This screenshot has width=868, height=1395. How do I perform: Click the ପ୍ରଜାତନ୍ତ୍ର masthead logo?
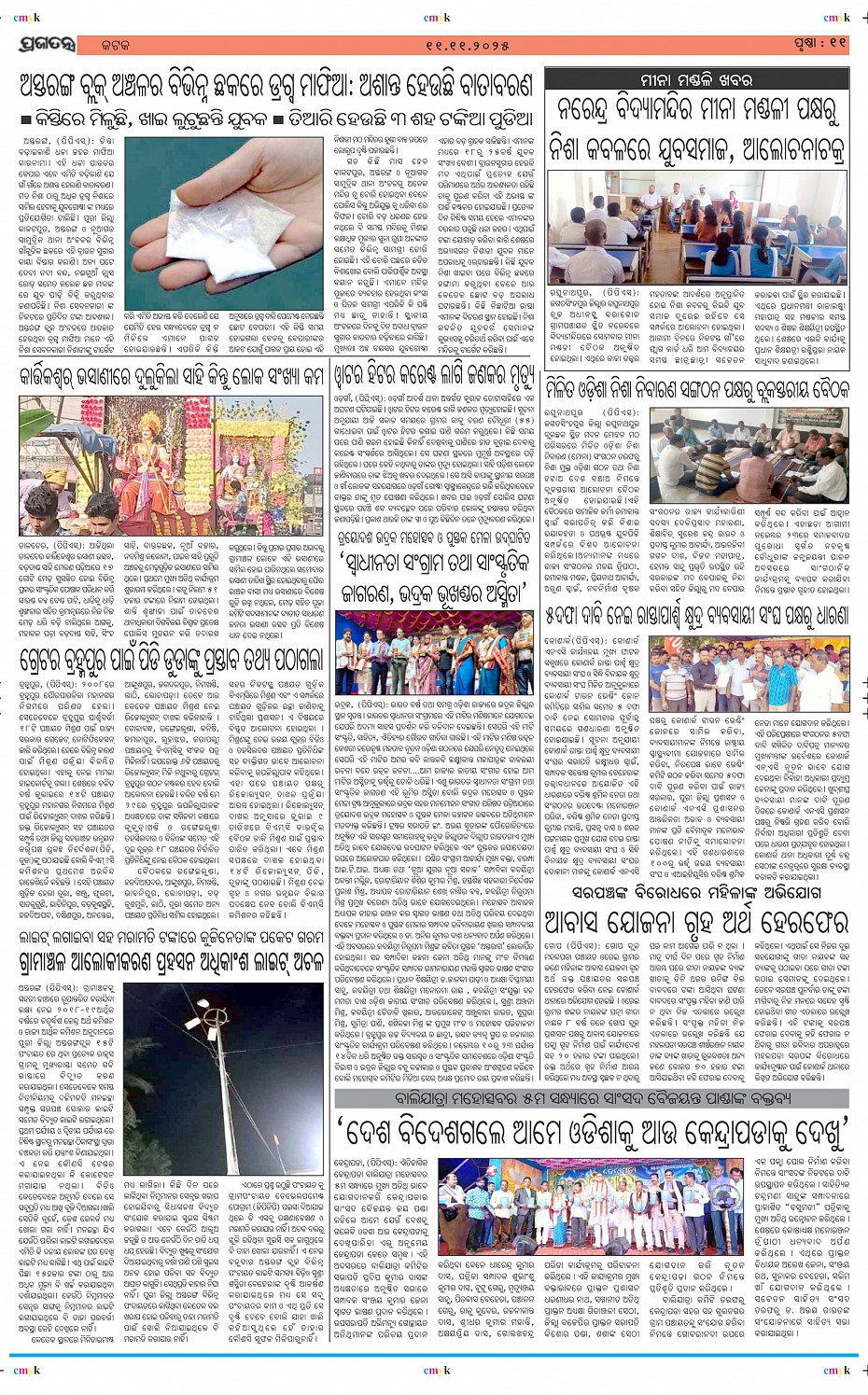[x=45, y=43]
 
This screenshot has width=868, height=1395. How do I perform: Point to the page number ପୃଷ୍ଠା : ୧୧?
[x=820, y=43]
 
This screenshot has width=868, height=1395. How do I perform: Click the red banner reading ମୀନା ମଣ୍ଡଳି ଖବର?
[x=696, y=80]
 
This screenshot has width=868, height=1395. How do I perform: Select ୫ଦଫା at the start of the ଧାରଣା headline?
[x=567, y=617]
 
